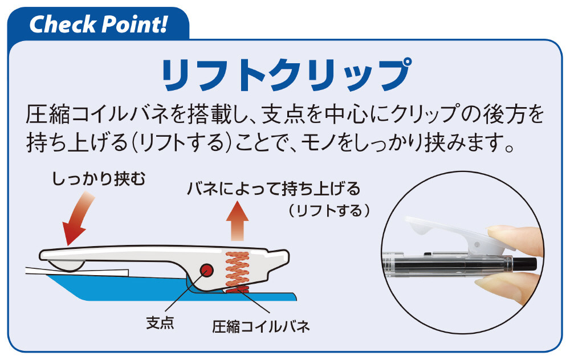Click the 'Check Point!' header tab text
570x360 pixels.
(x=98, y=24)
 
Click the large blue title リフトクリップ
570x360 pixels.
(x=287, y=75)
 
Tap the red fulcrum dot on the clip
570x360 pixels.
(x=206, y=269)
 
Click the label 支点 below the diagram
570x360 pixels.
(x=160, y=322)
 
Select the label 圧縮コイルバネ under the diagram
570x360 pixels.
(x=261, y=326)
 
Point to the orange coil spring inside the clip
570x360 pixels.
(x=237, y=271)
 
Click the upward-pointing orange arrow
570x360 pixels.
(x=237, y=221)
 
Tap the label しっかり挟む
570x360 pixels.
(x=99, y=179)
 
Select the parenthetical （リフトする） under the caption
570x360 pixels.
(x=329, y=211)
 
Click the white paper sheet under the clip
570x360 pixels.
(x=77, y=271)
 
